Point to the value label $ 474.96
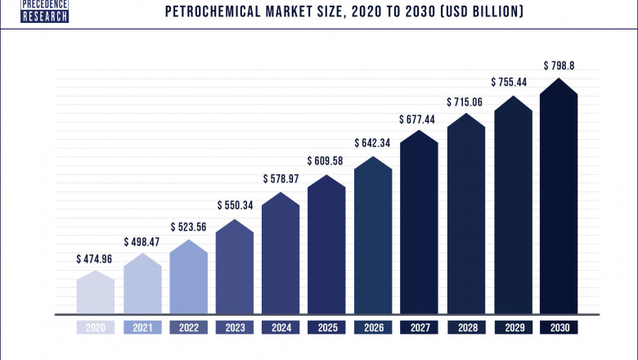tap(96, 259)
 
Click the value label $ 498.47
tap(142, 242)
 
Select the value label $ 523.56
tap(189, 226)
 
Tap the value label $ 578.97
tap(281, 178)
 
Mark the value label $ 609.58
tap(327, 160)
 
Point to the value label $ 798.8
tap(559, 65)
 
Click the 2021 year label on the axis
tap(142, 327)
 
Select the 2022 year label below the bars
tap(189, 327)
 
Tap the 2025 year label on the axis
tap(327, 327)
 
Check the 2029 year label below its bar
tap(512, 327)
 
